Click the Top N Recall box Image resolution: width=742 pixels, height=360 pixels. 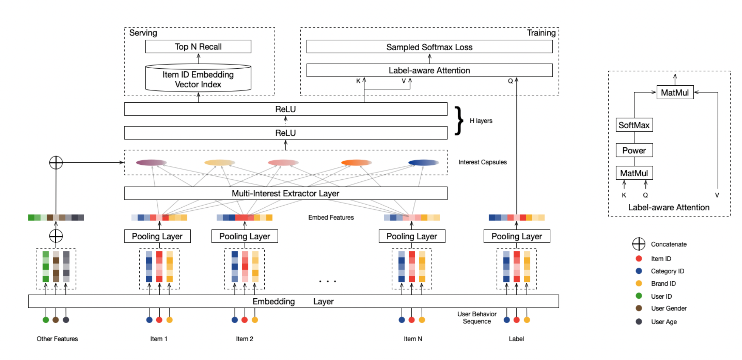click(198, 46)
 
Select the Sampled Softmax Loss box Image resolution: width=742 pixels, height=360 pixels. click(429, 47)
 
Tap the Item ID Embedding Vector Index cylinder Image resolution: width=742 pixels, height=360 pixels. click(198, 78)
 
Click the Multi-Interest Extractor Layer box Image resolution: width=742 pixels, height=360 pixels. click(286, 193)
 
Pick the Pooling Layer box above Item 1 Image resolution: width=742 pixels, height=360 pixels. click(157, 236)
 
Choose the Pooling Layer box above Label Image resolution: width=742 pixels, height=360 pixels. click(517, 236)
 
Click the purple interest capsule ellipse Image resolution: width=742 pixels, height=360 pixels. click(151, 163)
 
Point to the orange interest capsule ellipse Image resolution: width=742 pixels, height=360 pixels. click(356, 163)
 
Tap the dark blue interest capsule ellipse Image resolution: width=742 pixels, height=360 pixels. click(424, 163)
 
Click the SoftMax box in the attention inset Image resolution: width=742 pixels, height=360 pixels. click(634, 125)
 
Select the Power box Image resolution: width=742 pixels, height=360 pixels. click(634, 150)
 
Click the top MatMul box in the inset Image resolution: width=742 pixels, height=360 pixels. click(675, 92)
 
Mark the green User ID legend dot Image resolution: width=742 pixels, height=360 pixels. click(639, 296)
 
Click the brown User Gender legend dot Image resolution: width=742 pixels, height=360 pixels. click(639, 308)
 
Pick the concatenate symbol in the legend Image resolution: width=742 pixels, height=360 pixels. click(639, 244)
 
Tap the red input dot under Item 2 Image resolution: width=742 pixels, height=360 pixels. click(245, 320)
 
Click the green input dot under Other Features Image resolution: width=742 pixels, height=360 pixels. click(46, 320)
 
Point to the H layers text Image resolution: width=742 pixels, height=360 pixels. click(481, 121)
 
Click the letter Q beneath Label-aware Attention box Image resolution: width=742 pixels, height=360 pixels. click(510, 81)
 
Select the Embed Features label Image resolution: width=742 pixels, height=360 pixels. click(331, 217)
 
